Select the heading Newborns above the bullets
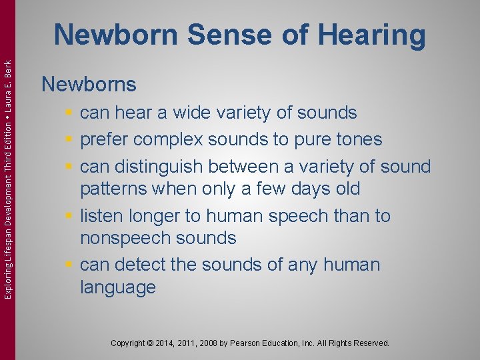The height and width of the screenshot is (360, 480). click(x=89, y=85)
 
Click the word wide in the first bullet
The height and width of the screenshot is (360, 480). click(x=193, y=113)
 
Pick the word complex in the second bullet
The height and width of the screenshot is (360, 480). click(x=169, y=139)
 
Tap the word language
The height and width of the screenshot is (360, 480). click(x=117, y=287)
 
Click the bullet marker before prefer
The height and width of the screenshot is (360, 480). click(x=69, y=140)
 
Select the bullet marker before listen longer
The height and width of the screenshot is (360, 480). click(x=69, y=217)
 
